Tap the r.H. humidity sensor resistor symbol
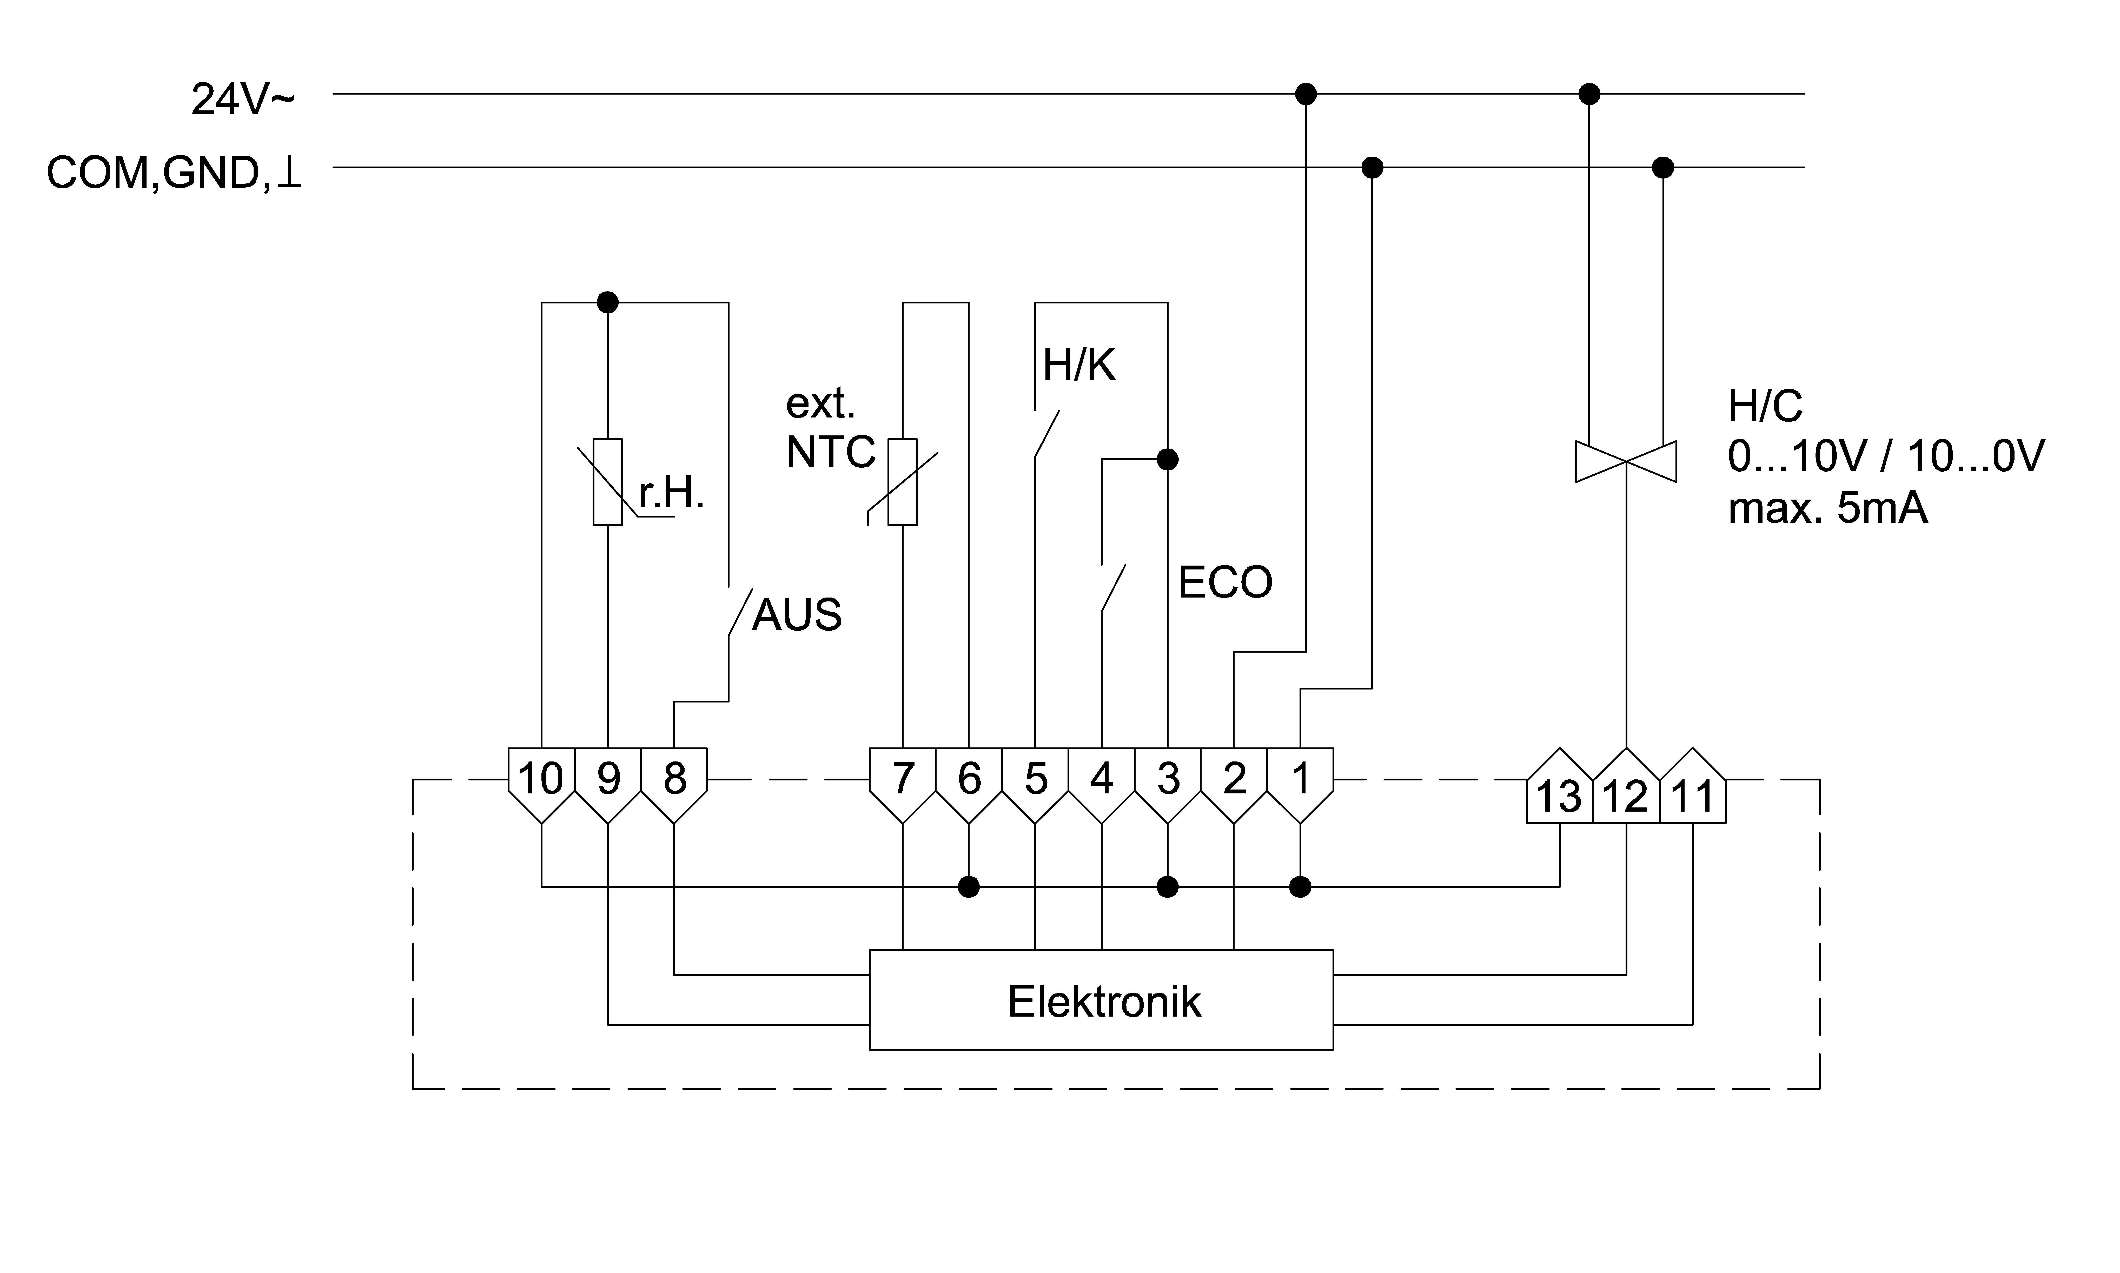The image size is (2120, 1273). pyautogui.click(x=607, y=482)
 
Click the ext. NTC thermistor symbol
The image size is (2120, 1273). pyautogui.click(x=902, y=482)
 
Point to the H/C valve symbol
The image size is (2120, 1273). pyautogui.click(x=1626, y=461)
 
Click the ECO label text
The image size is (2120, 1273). pyautogui.click(x=1225, y=582)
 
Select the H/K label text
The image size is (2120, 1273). pyautogui.click(x=1079, y=366)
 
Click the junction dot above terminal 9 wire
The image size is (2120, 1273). pyautogui.click(x=607, y=302)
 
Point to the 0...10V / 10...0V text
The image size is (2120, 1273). pyautogui.click(x=1886, y=455)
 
